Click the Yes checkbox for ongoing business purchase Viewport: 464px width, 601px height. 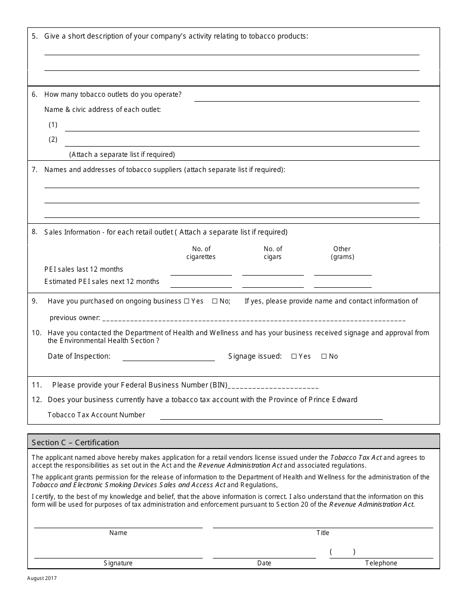(x=186, y=301)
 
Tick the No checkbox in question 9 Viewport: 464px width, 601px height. (x=214, y=301)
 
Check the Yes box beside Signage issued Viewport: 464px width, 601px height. (x=294, y=357)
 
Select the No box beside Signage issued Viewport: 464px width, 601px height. (x=324, y=357)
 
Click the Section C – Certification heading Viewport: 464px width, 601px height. (x=75, y=443)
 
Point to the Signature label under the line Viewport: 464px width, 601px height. (x=118, y=563)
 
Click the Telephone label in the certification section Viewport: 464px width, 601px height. (x=381, y=563)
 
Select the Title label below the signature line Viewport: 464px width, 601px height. (x=323, y=533)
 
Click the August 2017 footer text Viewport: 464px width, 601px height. (x=42, y=579)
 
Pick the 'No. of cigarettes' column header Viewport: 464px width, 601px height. (x=201, y=253)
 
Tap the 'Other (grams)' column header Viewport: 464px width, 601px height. (x=342, y=253)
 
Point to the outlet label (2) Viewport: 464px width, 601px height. (x=53, y=140)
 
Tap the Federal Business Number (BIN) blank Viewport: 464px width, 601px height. (x=274, y=385)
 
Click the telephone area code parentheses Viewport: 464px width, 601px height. (x=342, y=552)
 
